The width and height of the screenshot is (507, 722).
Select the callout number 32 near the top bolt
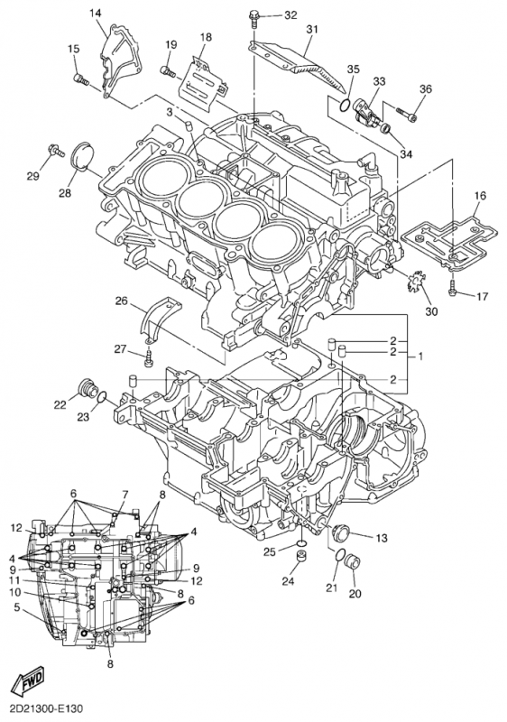[290, 15]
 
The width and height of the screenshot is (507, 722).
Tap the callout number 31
[311, 30]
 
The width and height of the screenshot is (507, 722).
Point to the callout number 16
[480, 196]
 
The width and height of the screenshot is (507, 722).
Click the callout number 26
[121, 301]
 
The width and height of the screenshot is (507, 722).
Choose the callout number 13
[381, 538]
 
